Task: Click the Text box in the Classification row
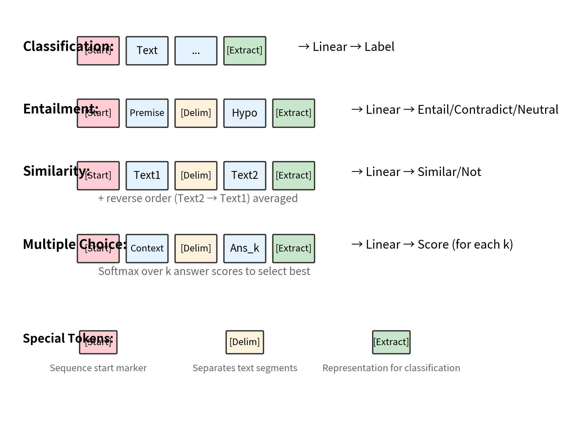(x=147, y=51)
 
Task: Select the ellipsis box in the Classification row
(x=196, y=51)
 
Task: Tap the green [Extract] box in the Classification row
(x=244, y=51)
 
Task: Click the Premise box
(x=147, y=113)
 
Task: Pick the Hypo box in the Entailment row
(x=244, y=113)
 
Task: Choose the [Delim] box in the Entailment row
(x=196, y=113)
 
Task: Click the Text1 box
(x=147, y=175)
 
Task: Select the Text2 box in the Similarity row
(x=244, y=175)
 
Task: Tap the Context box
(x=147, y=248)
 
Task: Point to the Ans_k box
(x=244, y=248)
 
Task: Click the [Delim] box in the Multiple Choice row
(x=196, y=248)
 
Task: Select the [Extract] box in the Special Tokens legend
(x=391, y=342)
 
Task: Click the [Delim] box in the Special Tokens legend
(x=244, y=342)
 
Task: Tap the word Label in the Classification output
(x=379, y=47)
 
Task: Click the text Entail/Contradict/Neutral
(x=487, y=110)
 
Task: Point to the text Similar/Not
(x=449, y=172)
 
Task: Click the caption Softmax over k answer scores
(x=204, y=271)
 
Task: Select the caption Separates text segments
(x=244, y=368)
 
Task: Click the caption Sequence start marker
(x=98, y=368)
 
